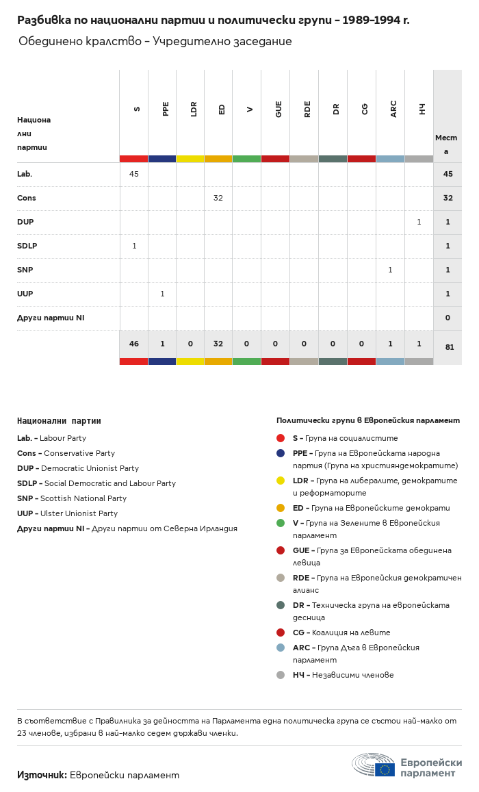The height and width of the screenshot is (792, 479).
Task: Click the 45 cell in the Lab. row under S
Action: tap(134, 174)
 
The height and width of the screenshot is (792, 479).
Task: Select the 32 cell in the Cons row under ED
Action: tap(218, 198)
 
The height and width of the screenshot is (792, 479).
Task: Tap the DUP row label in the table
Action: tap(25, 222)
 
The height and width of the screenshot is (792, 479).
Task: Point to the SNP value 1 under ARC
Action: tap(390, 270)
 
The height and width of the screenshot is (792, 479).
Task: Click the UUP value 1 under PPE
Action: tap(162, 294)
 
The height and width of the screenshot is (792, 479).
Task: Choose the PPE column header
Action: tap(166, 109)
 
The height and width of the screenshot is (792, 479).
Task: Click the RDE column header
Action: tap(308, 109)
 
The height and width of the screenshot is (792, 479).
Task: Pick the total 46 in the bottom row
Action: tap(134, 344)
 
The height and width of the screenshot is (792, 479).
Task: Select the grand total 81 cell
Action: tap(449, 347)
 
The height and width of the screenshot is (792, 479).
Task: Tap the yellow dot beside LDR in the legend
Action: tap(281, 481)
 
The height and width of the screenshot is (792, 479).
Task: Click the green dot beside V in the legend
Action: tap(281, 523)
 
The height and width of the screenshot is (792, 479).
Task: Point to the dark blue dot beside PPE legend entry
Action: tap(281, 453)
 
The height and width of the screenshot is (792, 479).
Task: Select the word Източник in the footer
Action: tap(42, 775)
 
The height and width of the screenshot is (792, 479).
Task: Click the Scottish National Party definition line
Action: tap(72, 498)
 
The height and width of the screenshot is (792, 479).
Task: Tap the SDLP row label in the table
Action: tap(27, 246)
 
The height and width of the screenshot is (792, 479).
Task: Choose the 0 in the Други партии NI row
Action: tap(448, 318)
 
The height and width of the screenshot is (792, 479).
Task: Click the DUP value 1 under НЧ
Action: tap(419, 222)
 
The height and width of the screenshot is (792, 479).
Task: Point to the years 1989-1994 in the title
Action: tap(372, 21)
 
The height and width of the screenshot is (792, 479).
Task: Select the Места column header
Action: tap(446, 144)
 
